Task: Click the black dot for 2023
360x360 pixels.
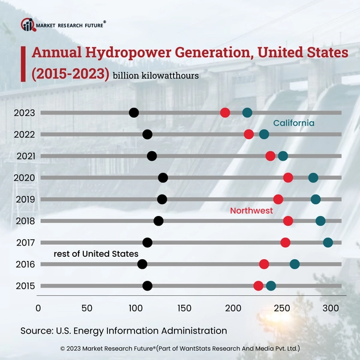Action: (x=134, y=113)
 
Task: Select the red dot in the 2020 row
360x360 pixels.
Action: (x=288, y=178)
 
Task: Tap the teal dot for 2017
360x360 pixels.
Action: (x=328, y=242)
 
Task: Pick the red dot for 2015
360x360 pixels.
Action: (x=259, y=286)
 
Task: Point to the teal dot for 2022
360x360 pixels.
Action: (x=264, y=134)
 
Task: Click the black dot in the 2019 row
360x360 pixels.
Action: (x=162, y=199)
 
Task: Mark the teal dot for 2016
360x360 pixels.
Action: (x=295, y=264)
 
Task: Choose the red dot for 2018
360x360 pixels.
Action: (x=288, y=221)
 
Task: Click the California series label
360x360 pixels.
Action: (x=294, y=123)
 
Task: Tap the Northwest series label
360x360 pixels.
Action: (x=251, y=211)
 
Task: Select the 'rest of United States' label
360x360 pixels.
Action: (x=96, y=254)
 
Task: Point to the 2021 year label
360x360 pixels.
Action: (x=25, y=156)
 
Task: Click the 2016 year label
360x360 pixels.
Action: (x=25, y=264)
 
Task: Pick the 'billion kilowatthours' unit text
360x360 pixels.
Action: (x=155, y=76)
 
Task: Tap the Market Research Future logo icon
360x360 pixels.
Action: (x=28, y=24)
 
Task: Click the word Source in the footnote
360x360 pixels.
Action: (x=36, y=331)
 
